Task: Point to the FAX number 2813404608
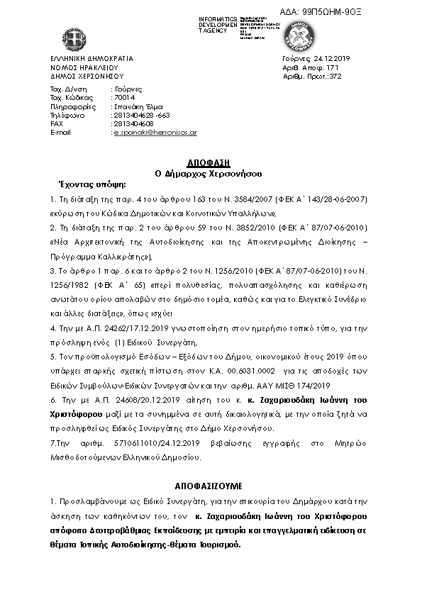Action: tap(133, 123)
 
